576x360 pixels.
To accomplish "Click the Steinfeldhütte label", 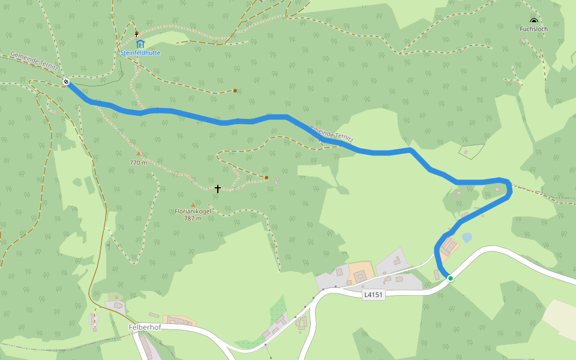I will pyautogui.click(x=140, y=53).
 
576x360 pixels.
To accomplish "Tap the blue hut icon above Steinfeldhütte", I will pyautogui.click(x=140, y=44).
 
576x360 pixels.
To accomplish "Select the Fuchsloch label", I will pyautogui.click(x=533, y=28).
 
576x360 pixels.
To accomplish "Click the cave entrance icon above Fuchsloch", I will pyautogui.click(x=533, y=21).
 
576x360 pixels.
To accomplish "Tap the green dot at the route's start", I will pyautogui.click(x=450, y=278).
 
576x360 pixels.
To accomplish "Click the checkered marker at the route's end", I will pyautogui.click(x=66, y=82).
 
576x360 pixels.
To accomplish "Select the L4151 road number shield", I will pyautogui.click(x=374, y=295).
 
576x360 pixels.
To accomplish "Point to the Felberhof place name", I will pyautogui.click(x=144, y=327).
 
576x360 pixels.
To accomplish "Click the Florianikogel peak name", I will pyautogui.click(x=193, y=211).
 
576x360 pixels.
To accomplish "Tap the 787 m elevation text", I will pyautogui.click(x=193, y=218).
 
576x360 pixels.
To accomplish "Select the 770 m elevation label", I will pyautogui.click(x=138, y=162).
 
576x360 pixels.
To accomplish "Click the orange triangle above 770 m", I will pyautogui.click(x=138, y=154).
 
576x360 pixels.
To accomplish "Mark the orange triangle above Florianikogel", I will pyautogui.click(x=193, y=205).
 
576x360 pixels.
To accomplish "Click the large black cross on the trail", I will pyautogui.click(x=217, y=188).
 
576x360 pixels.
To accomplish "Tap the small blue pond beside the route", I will pyautogui.click(x=466, y=238).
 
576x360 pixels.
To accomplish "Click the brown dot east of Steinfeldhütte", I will pyautogui.click(x=235, y=91).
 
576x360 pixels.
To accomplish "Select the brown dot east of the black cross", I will pyautogui.click(x=266, y=178).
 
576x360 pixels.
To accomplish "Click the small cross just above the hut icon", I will pyautogui.click(x=137, y=34).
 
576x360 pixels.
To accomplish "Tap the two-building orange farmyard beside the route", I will pyautogui.click(x=449, y=246).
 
